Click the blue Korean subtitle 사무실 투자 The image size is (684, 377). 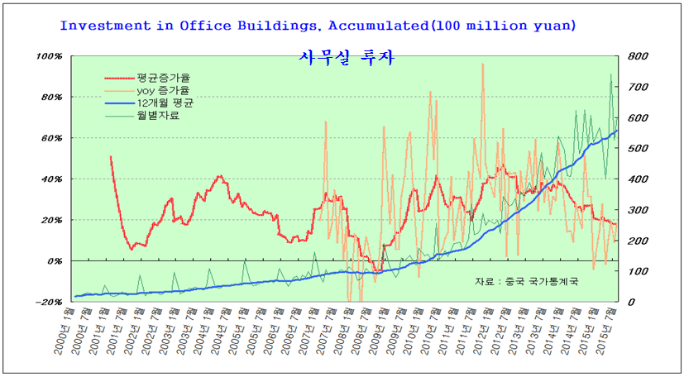(x=346, y=58)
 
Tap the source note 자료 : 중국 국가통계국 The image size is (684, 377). (x=526, y=282)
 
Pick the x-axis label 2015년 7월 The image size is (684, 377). (x=610, y=331)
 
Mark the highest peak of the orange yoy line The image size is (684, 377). (x=482, y=64)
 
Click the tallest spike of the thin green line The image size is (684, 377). (x=611, y=74)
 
